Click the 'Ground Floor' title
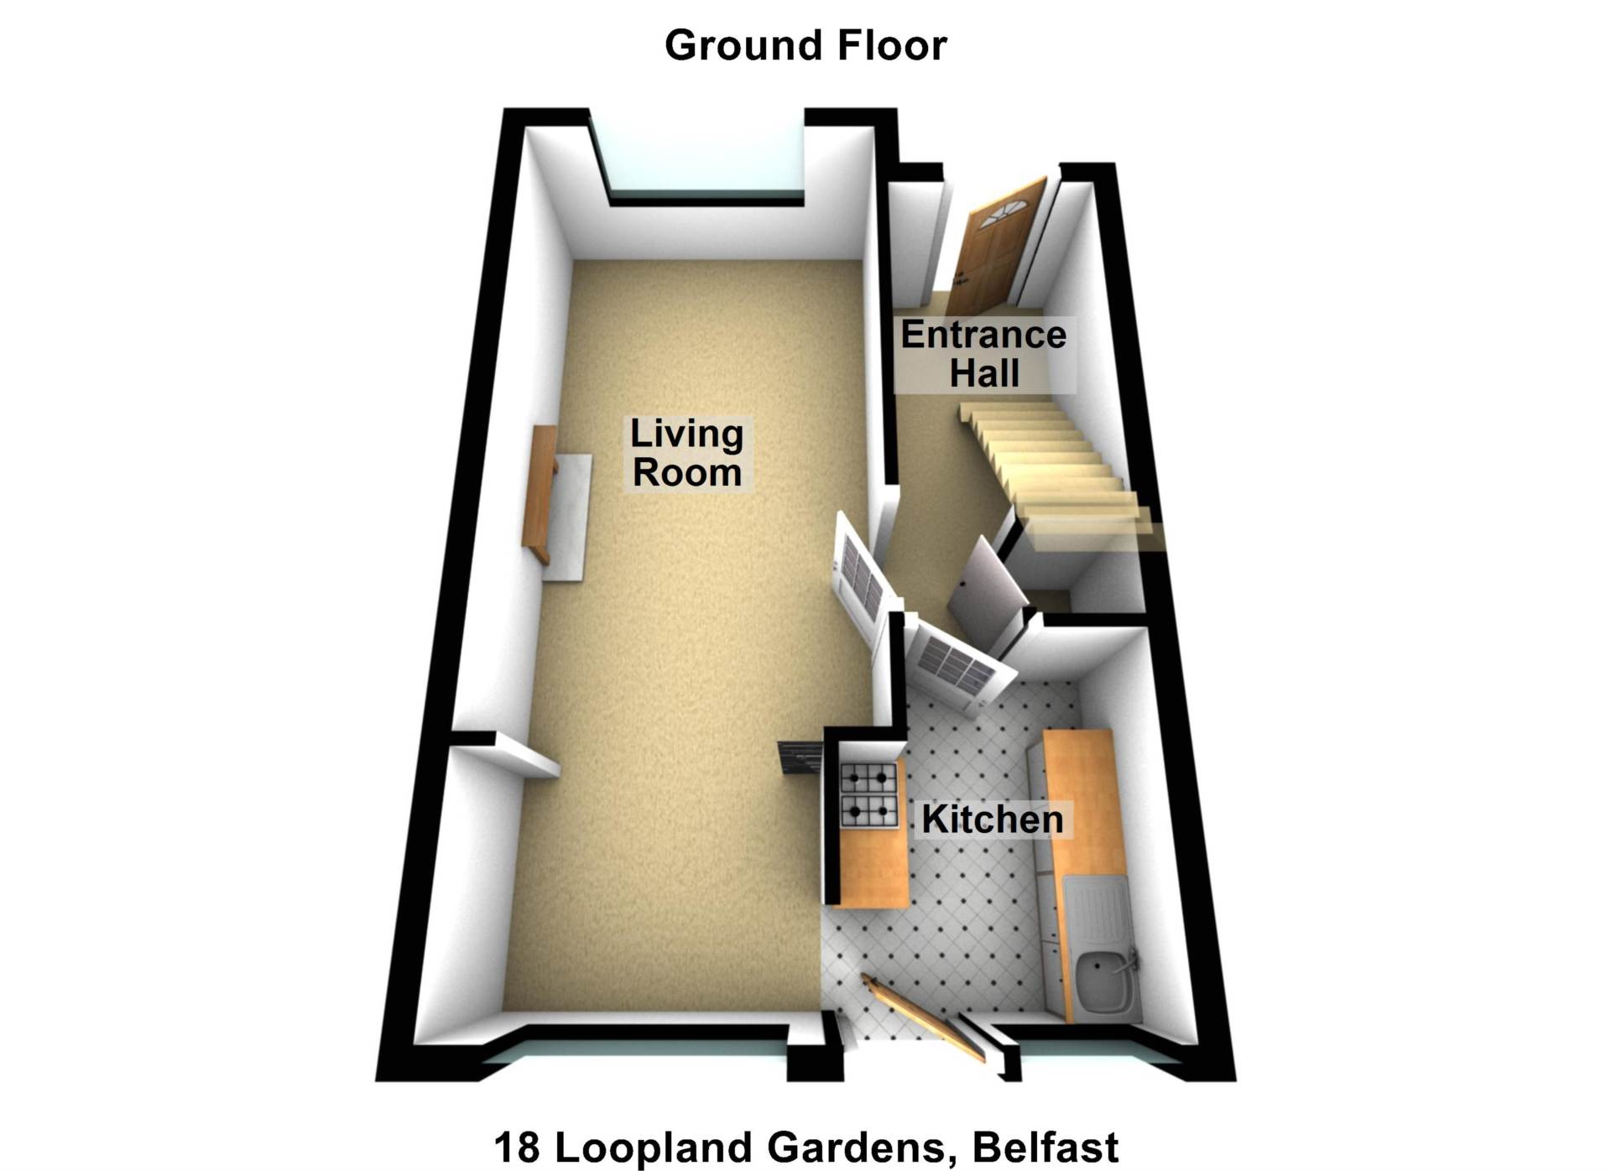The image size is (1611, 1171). tap(805, 45)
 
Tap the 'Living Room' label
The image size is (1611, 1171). tap(687, 453)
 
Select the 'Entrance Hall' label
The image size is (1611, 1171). tap(983, 354)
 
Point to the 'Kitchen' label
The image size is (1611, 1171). tap(993, 820)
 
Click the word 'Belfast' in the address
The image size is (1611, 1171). tap(1045, 1148)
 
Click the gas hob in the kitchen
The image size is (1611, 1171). tap(868, 794)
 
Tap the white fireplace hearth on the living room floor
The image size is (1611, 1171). tap(567, 517)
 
